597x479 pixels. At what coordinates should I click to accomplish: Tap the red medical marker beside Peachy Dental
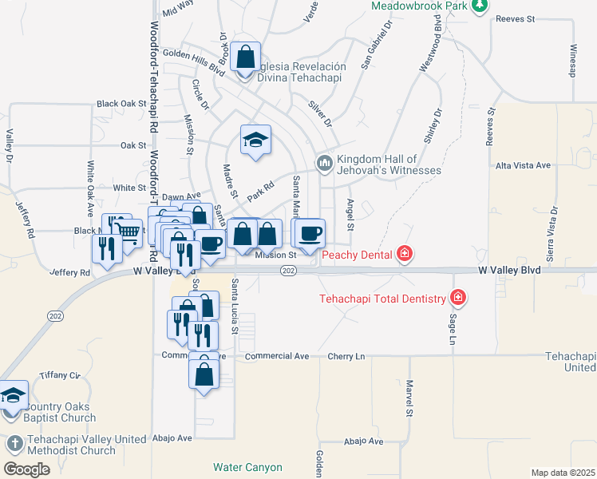click(x=405, y=255)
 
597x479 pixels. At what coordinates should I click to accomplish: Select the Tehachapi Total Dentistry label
click(x=383, y=299)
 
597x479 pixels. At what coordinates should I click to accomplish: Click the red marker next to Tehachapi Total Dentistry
click(x=458, y=299)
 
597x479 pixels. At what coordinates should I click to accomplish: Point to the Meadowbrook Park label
click(x=417, y=6)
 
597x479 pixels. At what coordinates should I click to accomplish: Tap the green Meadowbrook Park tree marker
click(x=479, y=6)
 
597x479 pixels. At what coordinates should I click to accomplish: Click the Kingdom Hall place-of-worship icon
click(x=324, y=163)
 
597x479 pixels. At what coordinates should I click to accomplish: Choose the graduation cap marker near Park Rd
click(x=255, y=141)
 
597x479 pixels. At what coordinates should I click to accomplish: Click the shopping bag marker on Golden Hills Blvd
click(x=246, y=57)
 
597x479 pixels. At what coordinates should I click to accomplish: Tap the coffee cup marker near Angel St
click(x=310, y=233)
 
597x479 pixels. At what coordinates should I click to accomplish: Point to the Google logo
click(x=27, y=469)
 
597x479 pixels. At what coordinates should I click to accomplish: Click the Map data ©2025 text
click(x=563, y=473)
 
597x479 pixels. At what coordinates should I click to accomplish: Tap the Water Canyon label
click(x=247, y=467)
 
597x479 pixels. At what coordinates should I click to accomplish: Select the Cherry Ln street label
click(x=349, y=356)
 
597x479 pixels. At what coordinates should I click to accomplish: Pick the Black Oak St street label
click(x=122, y=104)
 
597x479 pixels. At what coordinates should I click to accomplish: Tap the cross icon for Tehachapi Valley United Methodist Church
click(x=14, y=442)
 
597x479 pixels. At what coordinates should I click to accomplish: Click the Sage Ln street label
click(x=452, y=328)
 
